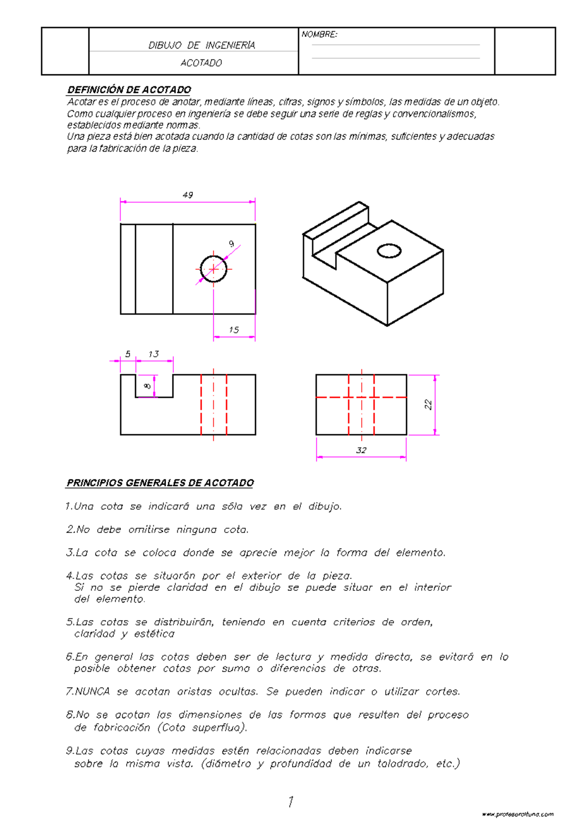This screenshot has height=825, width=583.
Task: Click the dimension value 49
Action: point(188,195)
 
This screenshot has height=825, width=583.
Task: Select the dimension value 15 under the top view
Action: point(234,330)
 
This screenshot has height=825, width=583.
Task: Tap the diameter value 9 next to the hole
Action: point(231,244)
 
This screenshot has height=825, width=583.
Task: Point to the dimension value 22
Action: point(428,404)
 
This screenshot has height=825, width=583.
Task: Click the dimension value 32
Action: point(361,450)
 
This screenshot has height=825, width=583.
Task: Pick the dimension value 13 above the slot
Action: point(154,354)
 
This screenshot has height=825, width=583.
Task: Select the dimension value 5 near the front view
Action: point(128,354)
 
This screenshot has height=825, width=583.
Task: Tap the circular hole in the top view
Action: point(214,269)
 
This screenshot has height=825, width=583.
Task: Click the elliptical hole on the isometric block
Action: point(389,251)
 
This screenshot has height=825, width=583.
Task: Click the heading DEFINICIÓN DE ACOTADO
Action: point(129,90)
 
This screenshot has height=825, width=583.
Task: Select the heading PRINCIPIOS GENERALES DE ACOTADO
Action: point(160,483)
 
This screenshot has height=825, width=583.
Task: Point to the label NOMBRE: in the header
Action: point(319,34)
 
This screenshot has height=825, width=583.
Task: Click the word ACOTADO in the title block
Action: point(201,63)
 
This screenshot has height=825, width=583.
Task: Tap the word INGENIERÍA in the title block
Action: point(230,46)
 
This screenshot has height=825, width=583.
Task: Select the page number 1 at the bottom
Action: point(291,801)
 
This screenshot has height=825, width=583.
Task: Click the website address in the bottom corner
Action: point(518,814)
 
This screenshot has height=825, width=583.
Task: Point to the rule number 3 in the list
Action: point(69,553)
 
